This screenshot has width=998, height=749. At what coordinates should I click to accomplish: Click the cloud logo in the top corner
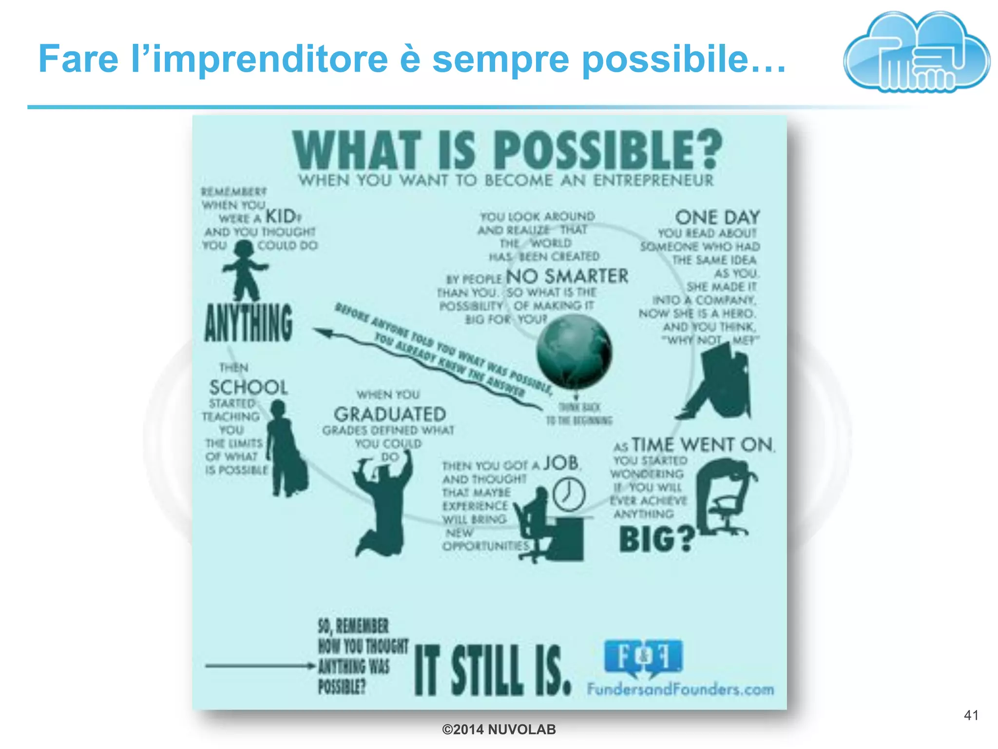point(916,53)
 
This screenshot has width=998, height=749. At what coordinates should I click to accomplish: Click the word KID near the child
point(281,216)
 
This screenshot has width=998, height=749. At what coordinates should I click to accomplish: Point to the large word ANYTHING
point(249,322)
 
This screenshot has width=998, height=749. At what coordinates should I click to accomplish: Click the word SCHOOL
point(249,388)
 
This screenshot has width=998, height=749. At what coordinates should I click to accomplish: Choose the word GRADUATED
point(390,414)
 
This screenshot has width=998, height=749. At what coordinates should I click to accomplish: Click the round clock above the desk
point(569,494)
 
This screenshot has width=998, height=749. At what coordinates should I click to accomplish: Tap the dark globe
point(574,351)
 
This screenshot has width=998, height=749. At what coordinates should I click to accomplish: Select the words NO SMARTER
point(567,276)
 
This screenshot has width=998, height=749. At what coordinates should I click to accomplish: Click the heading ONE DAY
point(717,217)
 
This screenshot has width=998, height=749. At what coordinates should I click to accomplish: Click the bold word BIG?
point(656,539)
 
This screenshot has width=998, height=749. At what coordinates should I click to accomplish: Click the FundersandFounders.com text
point(680,690)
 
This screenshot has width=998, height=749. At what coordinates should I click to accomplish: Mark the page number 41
point(971,715)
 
